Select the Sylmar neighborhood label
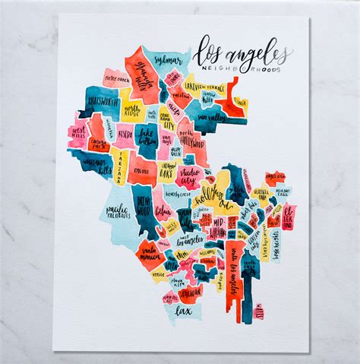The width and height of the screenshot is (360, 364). tap(167, 59)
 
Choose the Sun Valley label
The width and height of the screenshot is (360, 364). tap(210, 118)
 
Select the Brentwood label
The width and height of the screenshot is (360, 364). tap(144, 207)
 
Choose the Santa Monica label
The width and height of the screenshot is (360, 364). tap(147, 252)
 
